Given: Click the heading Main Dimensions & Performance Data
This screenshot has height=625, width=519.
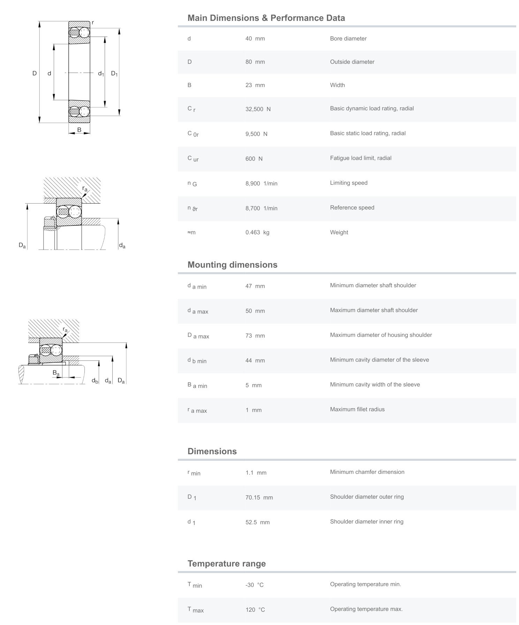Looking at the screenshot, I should pyautogui.click(x=266, y=18).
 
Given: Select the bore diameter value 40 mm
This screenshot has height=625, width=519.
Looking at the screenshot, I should pyautogui.click(x=255, y=39).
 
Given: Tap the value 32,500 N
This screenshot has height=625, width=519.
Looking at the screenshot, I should pyautogui.click(x=258, y=109).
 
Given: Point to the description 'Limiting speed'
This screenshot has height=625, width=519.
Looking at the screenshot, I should pyautogui.click(x=348, y=183).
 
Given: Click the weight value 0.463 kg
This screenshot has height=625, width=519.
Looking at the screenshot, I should pyautogui.click(x=257, y=233).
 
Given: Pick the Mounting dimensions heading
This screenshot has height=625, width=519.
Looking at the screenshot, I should pyautogui.click(x=232, y=265).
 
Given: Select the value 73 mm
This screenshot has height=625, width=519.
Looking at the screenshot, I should pyautogui.click(x=255, y=336).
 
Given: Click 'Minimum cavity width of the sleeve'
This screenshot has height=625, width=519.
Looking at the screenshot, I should pyautogui.click(x=375, y=385).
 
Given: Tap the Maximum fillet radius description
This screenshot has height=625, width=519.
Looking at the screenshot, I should pyautogui.click(x=357, y=410).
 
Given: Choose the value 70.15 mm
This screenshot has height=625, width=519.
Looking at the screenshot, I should pyautogui.click(x=259, y=498).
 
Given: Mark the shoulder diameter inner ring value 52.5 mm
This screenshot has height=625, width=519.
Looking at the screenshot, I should pyautogui.click(x=257, y=523).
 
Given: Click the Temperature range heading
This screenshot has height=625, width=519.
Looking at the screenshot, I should pyautogui.click(x=226, y=564).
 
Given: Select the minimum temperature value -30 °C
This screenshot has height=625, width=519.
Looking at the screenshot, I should pyautogui.click(x=254, y=585).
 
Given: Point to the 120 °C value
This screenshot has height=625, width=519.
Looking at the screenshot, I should pyautogui.click(x=255, y=610).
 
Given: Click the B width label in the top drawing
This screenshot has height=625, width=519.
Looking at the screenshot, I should pyautogui.click(x=79, y=130).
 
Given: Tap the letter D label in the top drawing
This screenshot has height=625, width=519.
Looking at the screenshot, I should pyautogui.click(x=35, y=73).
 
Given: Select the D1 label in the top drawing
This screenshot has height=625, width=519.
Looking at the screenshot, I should pyautogui.click(x=114, y=74).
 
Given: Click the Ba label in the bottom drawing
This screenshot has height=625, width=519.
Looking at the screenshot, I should pyautogui.click(x=56, y=373).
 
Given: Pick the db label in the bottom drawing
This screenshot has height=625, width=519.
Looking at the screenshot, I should pyautogui.click(x=95, y=381).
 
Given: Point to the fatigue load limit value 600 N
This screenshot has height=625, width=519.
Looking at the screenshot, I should pyautogui.click(x=254, y=159).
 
